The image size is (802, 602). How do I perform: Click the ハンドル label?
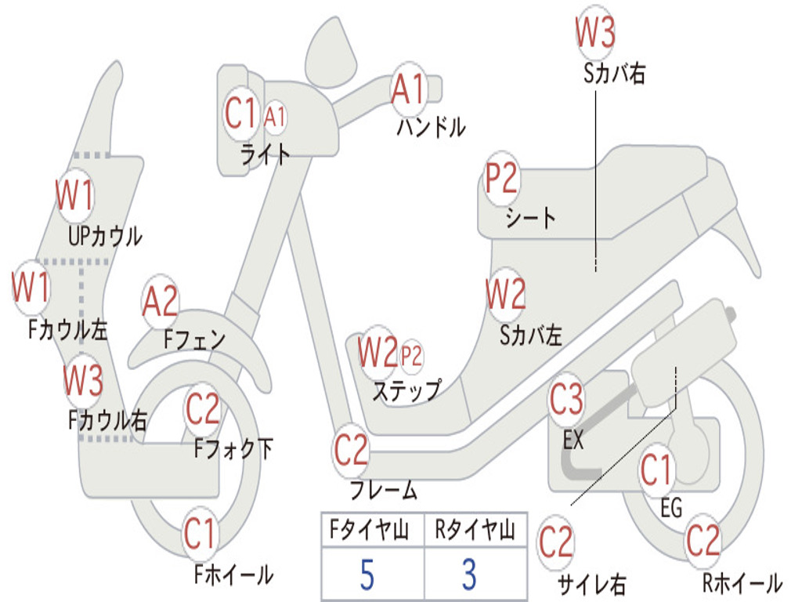pyautogui.click(x=432, y=127)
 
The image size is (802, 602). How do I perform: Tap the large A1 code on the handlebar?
pyautogui.click(x=408, y=89)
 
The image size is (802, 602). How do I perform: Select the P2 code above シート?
pyautogui.click(x=501, y=178)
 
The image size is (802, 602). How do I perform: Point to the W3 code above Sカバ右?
pyautogui.click(x=595, y=31)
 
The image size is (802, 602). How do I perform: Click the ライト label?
pyautogui.click(x=265, y=154)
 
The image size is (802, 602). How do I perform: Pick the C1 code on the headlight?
pyautogui.click(x=240, y=113)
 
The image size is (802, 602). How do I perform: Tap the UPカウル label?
pyautogui.click(x=106, y=236)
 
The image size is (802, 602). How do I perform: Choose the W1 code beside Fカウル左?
pyautogui.click(x=31, y=287)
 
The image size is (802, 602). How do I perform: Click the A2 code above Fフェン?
pyautogui.click(x=160, y=302)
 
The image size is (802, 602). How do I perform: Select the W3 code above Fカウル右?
pyautogui.click(x=83, y=380)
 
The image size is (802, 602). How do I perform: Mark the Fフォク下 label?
pyautogui.click(x=233, y=448)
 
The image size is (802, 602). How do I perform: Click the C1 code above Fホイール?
pyautogui.click(x=200, y=534)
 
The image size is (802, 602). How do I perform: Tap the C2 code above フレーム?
pyautogui.click(x=350, y=450)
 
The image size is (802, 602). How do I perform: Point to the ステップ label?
pyautogui.click(x=406, y=390)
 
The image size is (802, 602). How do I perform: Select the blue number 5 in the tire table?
pyautogui.click(x=367, y=575)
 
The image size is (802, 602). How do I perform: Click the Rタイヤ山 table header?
pyautogui.click(x=475, y=529)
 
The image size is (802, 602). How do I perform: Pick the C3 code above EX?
pyautogui.click(x=566, y=399)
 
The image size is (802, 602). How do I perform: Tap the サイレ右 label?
pyautogui.click(x=591, y=584)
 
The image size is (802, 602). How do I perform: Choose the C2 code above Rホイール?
pyautogui.click(x=703, y=541)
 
